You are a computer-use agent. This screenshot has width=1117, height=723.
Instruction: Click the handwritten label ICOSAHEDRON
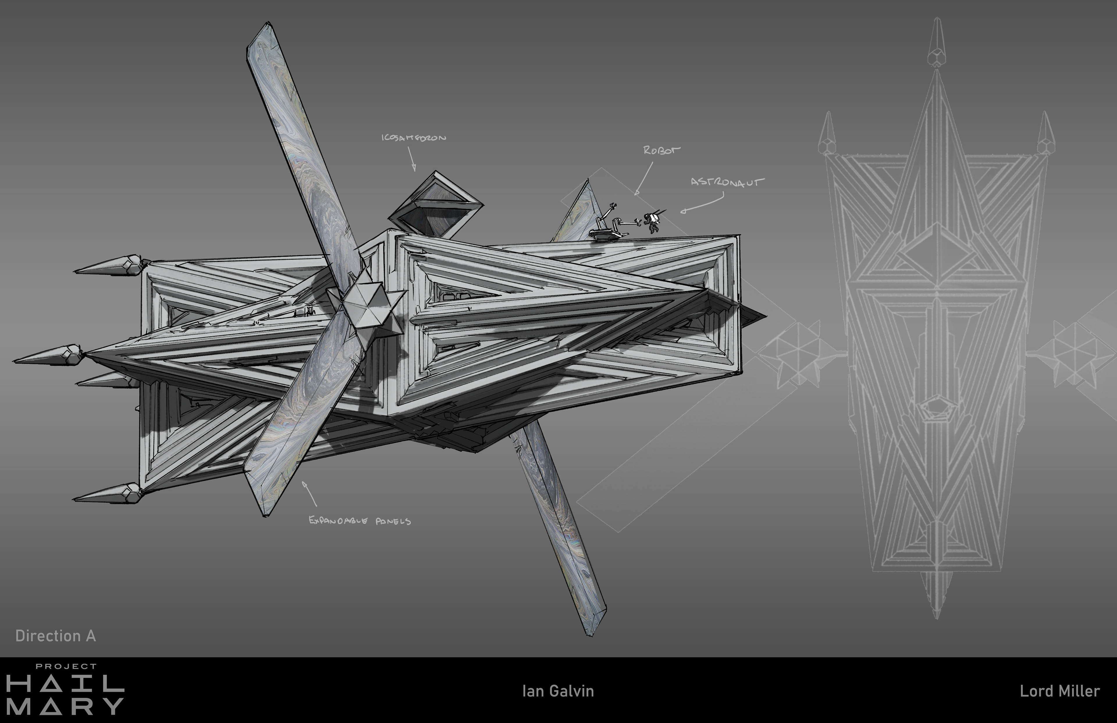tap(413, 138)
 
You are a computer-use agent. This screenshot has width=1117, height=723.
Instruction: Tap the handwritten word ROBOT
tap(662, 150)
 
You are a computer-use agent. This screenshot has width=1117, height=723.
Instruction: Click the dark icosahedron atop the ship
tap(435, 205)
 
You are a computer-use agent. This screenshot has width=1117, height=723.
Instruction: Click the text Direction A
tap(55, 636)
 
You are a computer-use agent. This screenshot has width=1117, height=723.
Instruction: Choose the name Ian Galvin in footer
tap(558, 691)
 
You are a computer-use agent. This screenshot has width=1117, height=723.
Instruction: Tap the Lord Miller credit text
tap(1060, 691)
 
